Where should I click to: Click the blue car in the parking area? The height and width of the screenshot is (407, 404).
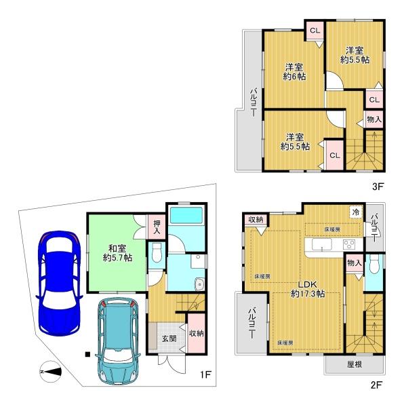[60, 284]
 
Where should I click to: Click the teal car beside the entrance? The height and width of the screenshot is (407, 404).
[118, 342]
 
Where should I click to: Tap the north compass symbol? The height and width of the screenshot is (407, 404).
[51, 372]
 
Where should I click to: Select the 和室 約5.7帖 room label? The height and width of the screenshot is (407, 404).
[117, 253]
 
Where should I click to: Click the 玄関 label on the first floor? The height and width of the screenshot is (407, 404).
[169, 338]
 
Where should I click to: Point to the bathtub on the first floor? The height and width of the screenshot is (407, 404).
[186, 215]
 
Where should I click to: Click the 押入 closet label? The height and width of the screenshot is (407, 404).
[157, 227]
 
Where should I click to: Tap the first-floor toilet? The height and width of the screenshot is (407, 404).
[157, 253]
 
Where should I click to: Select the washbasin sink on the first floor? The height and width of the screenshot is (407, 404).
[200, 284]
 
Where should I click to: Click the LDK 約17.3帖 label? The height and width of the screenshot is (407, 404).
[308, 289]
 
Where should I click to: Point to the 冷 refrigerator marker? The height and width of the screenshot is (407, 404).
[355, 212]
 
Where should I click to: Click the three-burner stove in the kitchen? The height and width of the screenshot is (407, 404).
[349, 245]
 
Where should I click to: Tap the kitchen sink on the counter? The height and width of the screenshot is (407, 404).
[322, 244]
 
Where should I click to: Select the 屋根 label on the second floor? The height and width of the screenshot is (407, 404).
[355, 364]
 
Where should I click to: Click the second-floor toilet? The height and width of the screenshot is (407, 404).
[374, 264]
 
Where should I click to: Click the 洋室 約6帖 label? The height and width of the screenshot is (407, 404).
[294, 72]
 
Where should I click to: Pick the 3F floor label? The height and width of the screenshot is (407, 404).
[378, 187]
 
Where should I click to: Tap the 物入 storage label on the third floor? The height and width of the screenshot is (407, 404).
[374, 119]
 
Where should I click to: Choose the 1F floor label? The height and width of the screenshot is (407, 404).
[205, 374]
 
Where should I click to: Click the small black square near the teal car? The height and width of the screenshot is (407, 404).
[88, 354]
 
